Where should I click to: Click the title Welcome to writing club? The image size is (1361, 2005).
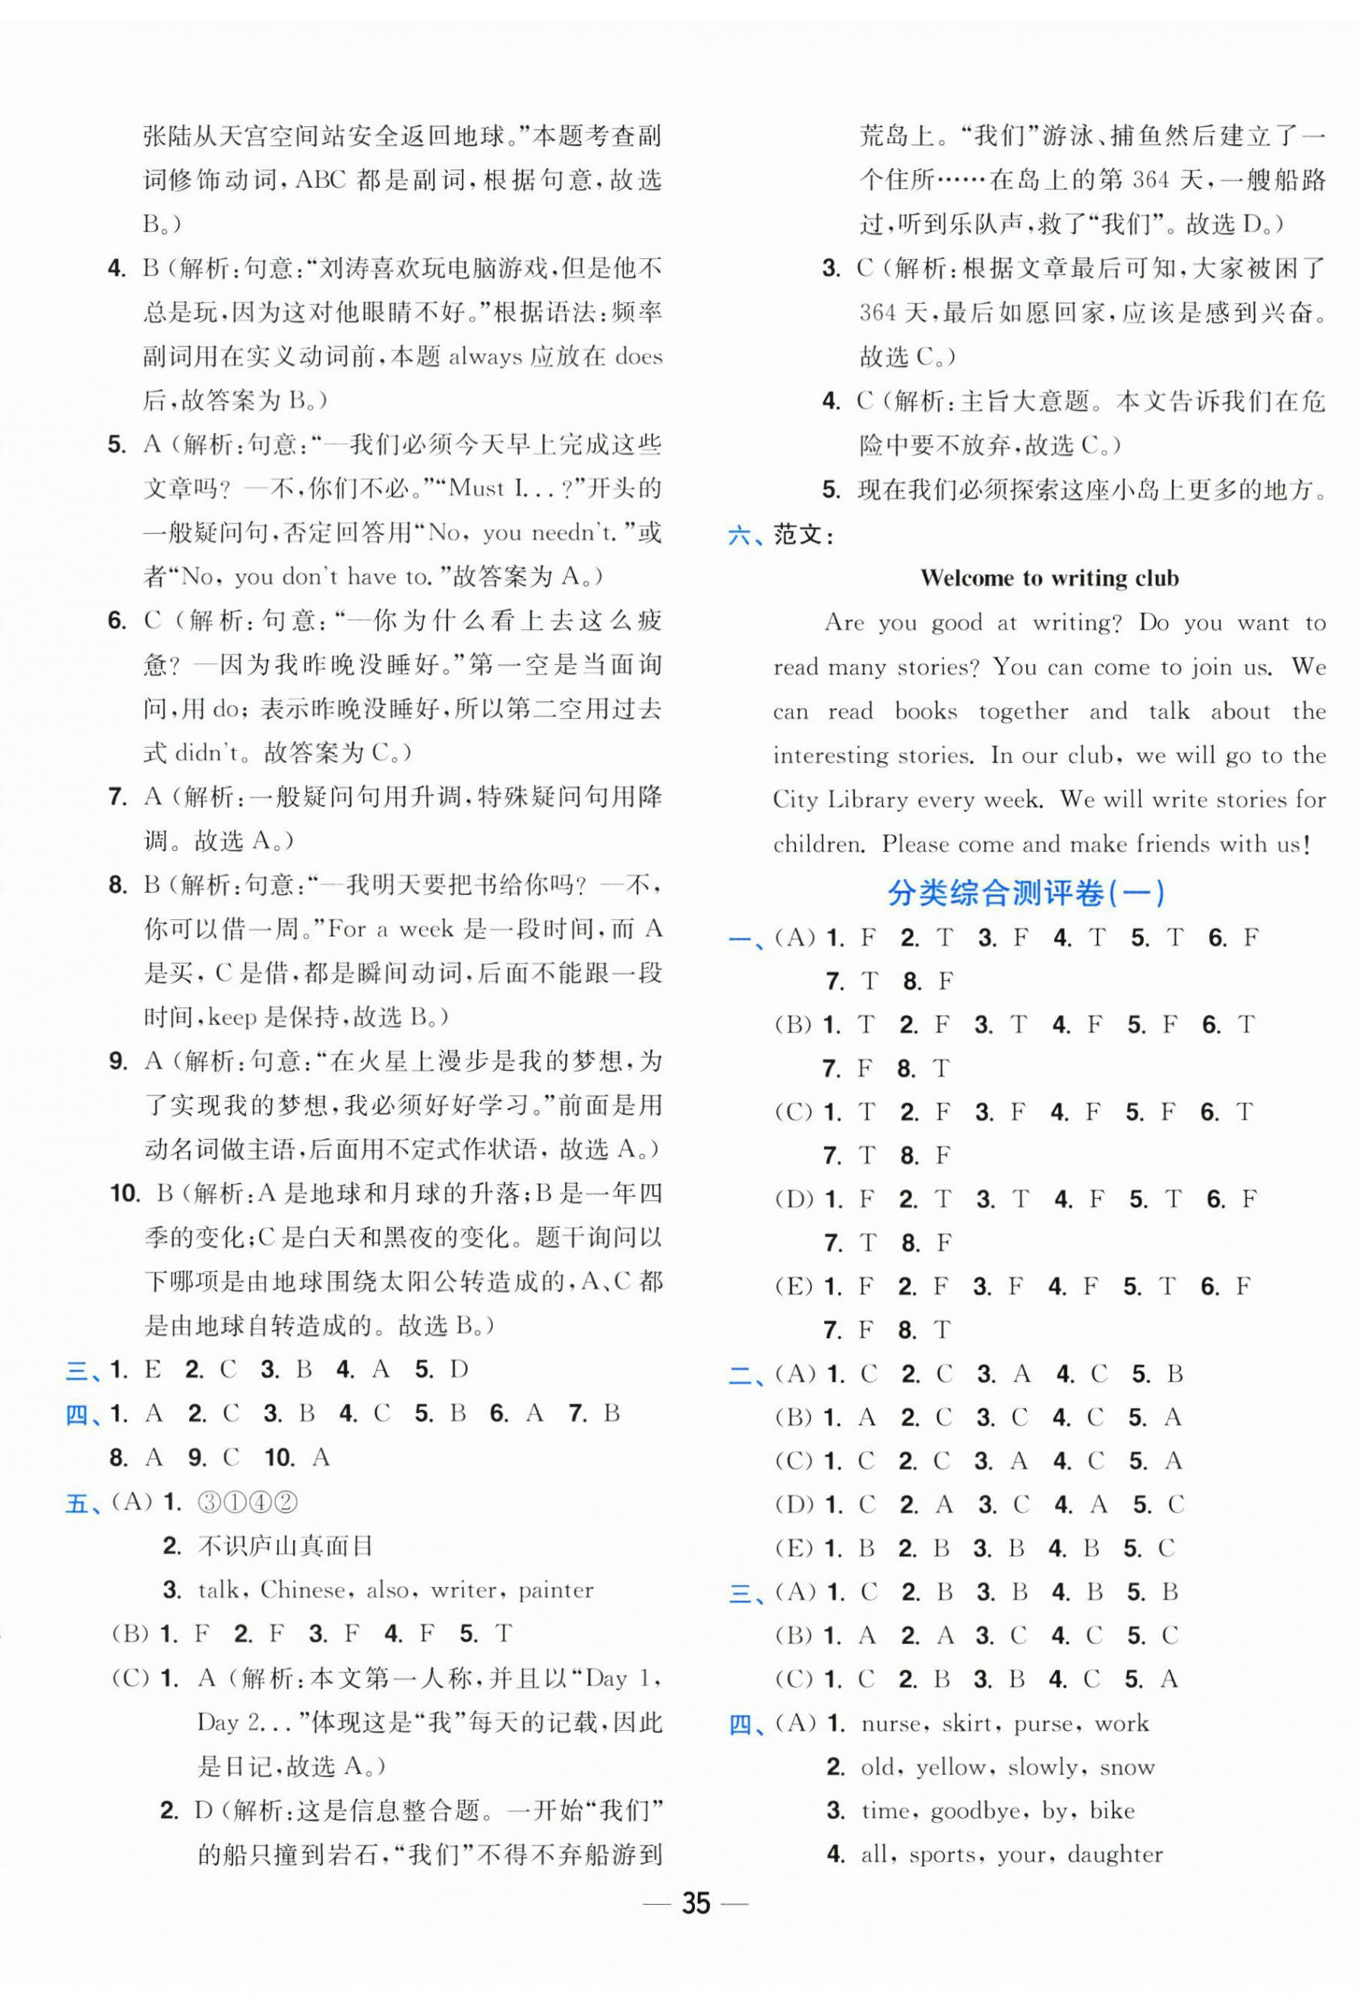click(x=1049, y=578)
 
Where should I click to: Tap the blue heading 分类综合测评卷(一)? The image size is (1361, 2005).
click(x=1025, y=893)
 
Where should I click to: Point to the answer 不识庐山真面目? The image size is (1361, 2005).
click(x=286, y=1545)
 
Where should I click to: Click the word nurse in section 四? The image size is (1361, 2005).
click(x=892, y=1723)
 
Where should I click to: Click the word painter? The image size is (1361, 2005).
click(x=555, y=1589)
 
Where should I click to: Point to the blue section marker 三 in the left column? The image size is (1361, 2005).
click(x=76, y=1370)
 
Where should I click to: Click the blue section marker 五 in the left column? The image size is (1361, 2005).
click(x=76, y=1503)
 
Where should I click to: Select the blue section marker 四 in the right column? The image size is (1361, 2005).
click(x=740, y=1724)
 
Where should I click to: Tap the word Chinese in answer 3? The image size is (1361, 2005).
click(x=305, y=1589)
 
